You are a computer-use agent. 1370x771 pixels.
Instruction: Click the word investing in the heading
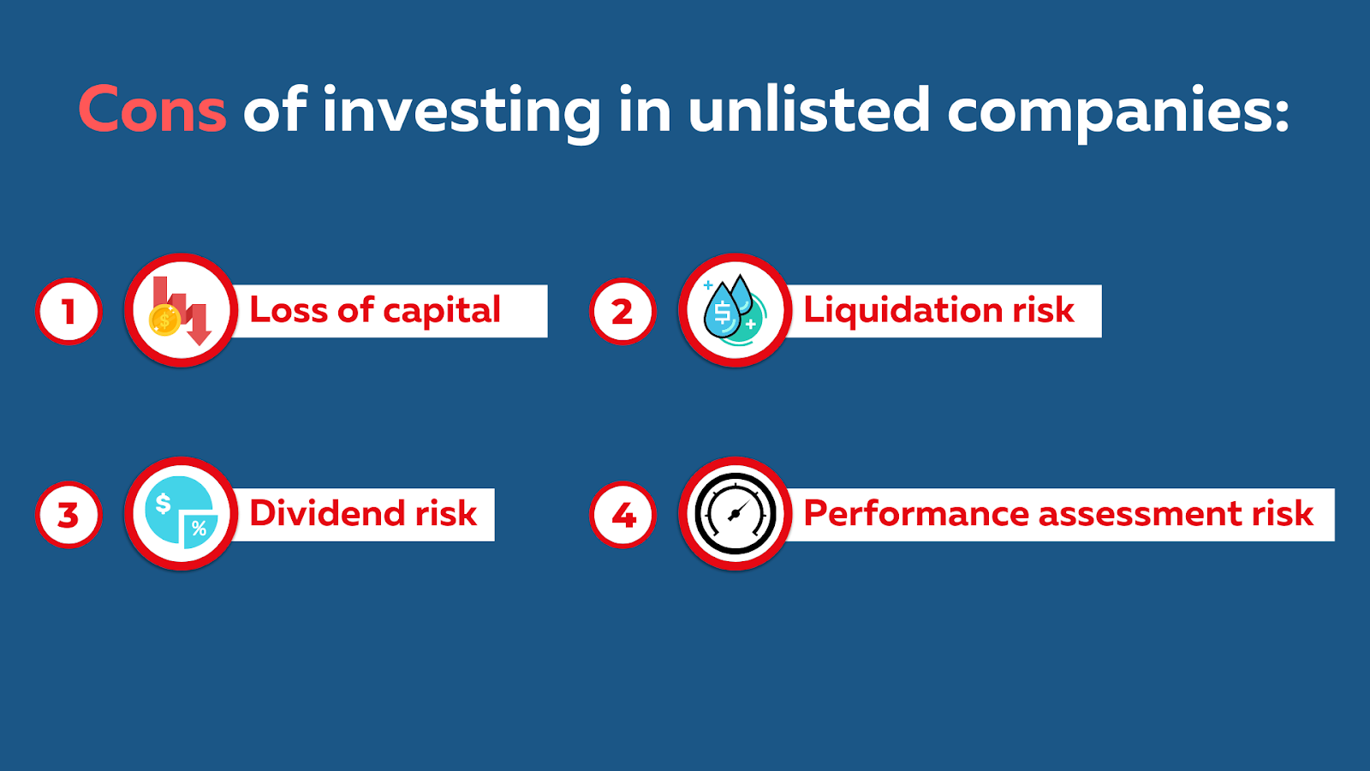coord(462,113)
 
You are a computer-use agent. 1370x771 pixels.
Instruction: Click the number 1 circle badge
coord(68,312)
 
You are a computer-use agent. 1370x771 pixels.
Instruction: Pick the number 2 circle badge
coord(622,312)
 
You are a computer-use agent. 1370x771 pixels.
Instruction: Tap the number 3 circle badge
coord(68,515)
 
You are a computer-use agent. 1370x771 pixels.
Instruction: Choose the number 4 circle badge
coord(622,515)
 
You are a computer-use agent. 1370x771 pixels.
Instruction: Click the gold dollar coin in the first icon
coord(164,320)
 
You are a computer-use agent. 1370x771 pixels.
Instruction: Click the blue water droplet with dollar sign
coord(723,311)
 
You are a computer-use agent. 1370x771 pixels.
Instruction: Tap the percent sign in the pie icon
coord(200,528)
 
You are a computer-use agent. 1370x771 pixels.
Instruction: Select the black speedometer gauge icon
coord(736,514)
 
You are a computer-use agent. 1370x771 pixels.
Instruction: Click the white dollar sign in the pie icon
coord(164,505)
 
